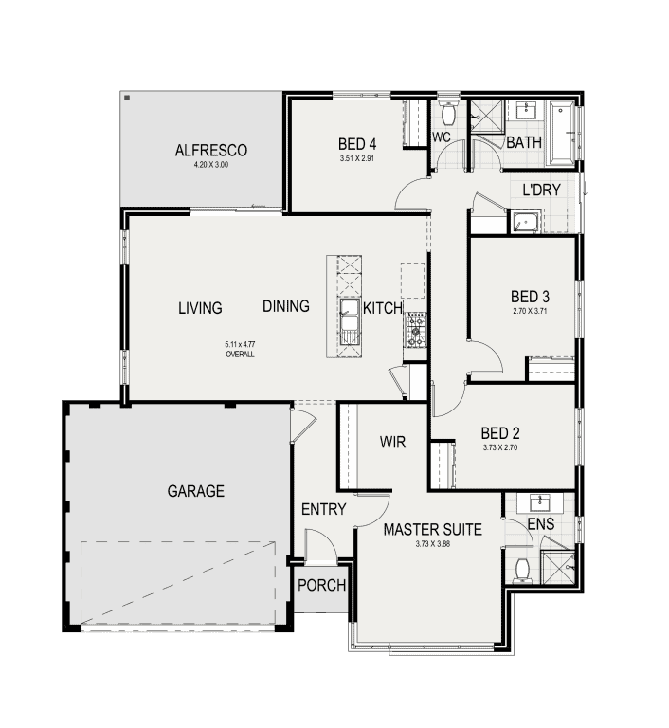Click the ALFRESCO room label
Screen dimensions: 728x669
(x=210, y=150)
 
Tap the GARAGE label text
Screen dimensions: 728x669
(x=196, y=491)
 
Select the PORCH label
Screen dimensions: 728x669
(x=321, y=585)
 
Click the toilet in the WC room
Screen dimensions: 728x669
(x=449, y=114)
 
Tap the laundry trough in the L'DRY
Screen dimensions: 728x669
(x=524, y=223)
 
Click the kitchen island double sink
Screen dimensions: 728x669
(x=350, y=318)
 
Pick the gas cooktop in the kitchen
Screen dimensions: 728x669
(x=416, y=327)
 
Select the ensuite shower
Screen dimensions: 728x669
(x=557, y=566)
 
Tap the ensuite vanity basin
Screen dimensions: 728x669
(x=540, y=501)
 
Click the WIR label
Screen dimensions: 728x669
(x=393, y=443)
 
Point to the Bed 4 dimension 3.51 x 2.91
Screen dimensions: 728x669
(x=357, y=159)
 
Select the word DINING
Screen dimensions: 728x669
(x=286, y=306)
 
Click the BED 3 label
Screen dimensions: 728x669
(x=530, y=296)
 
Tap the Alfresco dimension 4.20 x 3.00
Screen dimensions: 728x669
(x=210, y=165)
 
